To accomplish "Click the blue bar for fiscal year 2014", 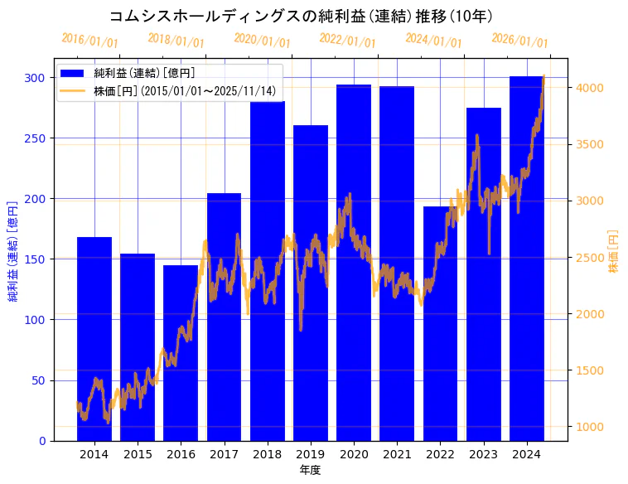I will [94, 339].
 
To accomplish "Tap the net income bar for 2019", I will [311, 283].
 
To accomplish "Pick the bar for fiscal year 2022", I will [440, 323].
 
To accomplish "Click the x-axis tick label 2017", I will [224, 454].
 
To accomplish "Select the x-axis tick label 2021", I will [397, 454].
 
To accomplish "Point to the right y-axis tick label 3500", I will [590, 144].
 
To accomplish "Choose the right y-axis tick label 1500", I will [590, 370].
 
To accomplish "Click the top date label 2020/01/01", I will [262, 40].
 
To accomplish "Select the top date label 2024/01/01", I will [433, 40].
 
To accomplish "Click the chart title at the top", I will [302, 17].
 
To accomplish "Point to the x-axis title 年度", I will [310, 470].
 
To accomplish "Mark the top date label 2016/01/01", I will [89, 40].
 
